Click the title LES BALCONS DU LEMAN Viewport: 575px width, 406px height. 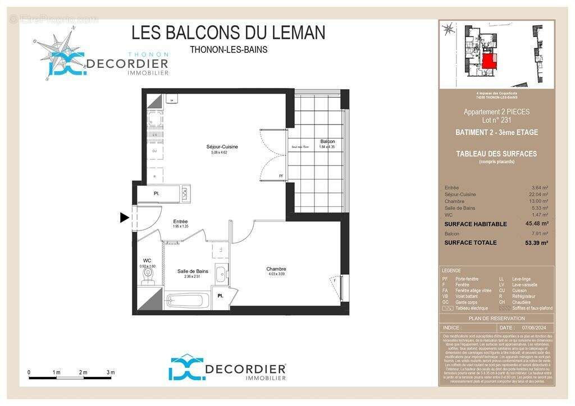228,32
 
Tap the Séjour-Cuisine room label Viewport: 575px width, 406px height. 222,147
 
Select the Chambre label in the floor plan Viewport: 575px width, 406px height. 276,269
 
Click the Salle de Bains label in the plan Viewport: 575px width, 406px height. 193,271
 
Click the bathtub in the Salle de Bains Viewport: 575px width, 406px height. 188,301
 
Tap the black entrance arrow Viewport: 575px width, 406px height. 125,218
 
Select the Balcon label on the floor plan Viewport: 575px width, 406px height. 328,141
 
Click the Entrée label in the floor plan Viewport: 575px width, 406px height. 180,222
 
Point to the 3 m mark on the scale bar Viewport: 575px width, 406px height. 111,373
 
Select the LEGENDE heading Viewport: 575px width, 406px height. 451,270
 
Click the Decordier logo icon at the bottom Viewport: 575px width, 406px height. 185,368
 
